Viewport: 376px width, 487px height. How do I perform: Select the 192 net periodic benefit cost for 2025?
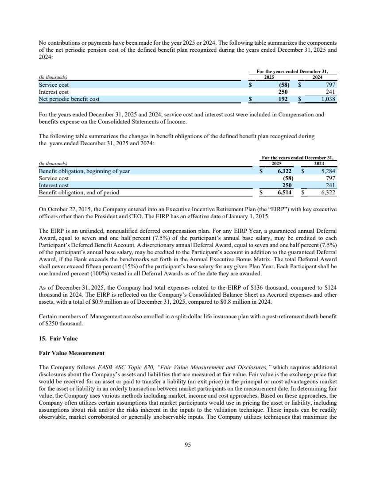tap(283, 100)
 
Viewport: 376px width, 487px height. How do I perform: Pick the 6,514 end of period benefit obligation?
tap(281, 193)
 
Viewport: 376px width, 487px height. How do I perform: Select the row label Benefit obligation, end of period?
tap(79, 193)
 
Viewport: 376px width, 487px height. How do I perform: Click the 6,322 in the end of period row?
tap(328, 193)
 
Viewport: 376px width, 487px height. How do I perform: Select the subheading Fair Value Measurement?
tap(71, 353)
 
